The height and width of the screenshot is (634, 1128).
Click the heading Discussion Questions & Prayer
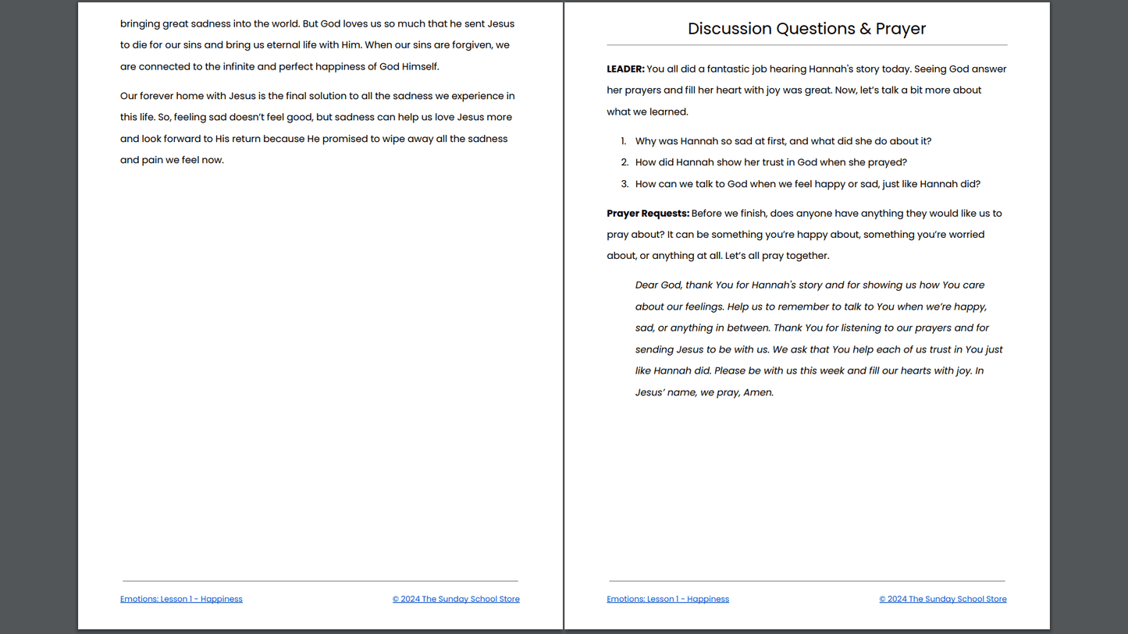(x=806, y=29)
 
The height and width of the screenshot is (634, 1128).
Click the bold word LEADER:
(x=625, y=69)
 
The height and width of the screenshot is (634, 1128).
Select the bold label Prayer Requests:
(x=648, y=213)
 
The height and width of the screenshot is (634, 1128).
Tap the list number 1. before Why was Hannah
(x=623, y=141)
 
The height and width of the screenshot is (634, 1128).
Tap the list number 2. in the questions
(x=624, y=162)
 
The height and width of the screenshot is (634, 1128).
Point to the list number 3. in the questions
(x=624, y=184)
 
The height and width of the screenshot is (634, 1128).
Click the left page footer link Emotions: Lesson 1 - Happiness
(x=181, y=599)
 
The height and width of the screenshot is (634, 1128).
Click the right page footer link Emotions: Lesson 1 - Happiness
(x=667, y=599)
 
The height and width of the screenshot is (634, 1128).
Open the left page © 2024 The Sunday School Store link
(x=456, y=599)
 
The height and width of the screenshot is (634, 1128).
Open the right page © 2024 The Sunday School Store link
(x=942, y=599)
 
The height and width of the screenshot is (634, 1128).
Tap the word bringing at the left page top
(x=140, y=24)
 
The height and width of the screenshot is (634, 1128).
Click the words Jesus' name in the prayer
(x=665, y=392)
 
